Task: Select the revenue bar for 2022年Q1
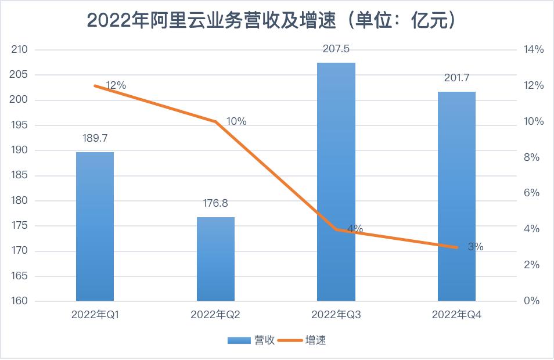pyautogui.click(x=95, y=226)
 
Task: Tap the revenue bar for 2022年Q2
pyautogui.click(x=215, y=259)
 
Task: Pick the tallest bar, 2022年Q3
pyautogui.click(x=336, y=181)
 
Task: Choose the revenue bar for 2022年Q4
pyautogui.click(x=456, y=196)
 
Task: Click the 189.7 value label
pyautogui.click(x=95, y=138)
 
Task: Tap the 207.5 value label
pyautogui.click(x=336, y=49)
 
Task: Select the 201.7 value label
pyautogui.click(x=456, y=78)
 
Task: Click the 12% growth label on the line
pyautogui.click(x=116, y=85)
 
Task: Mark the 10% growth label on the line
pyautogui.click(x=236, y=121)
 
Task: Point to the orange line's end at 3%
pyautogui.click(x=457, y=247)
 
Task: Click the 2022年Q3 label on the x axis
pyautogui.click(x=336, y=315)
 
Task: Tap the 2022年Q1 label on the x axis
pyautogui.click(x=95, y=315)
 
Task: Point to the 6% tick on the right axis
pyautogui.click(x=532, y=193)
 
